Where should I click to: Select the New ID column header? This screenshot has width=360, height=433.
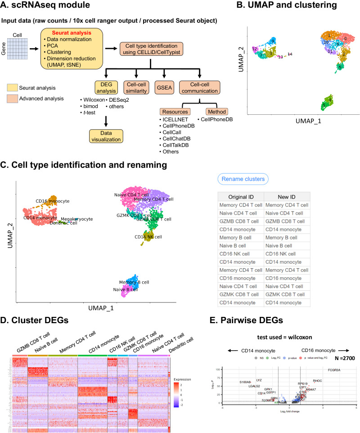coord(287,197)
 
